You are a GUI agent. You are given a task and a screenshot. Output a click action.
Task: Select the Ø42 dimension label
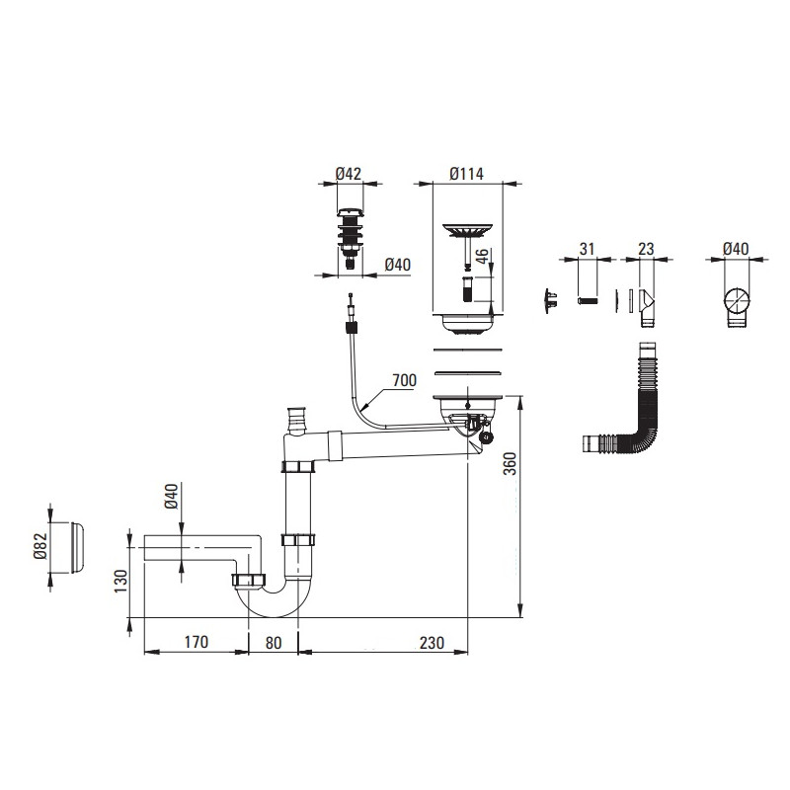coord(348,174)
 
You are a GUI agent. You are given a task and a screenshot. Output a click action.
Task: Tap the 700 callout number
coord(404,380)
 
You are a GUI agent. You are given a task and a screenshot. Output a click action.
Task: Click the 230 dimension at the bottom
coord(431,642)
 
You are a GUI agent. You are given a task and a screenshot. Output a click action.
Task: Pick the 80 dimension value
coord(274,642)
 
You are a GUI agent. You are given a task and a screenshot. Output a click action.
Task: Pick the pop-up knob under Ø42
coord(348,237)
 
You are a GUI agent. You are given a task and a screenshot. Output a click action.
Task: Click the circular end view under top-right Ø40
coord(735,300)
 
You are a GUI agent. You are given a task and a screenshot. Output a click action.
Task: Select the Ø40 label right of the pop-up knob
coord(396,264)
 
